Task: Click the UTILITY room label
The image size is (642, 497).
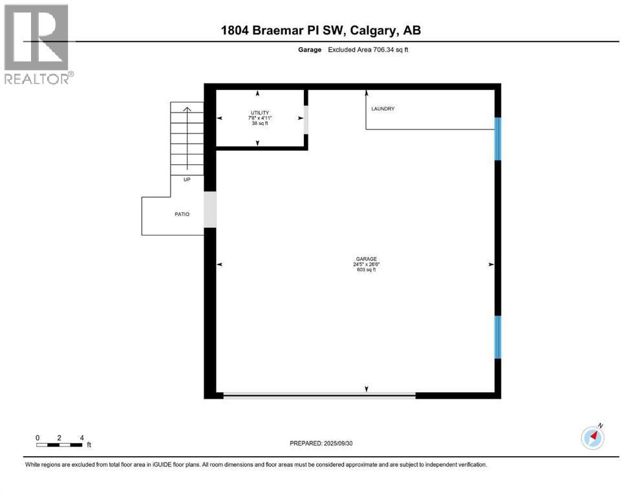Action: click(259, 113)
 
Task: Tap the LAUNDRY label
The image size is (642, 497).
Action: click(383, 109)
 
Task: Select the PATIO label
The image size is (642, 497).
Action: click(181, 214)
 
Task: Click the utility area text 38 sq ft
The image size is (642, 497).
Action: click(259, 123)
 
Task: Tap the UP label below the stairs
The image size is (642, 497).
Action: click(187, 179)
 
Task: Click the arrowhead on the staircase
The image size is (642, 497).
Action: click(187, 109)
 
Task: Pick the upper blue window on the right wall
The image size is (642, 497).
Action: click(498, 138)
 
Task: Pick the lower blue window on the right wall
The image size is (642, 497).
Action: click(498, 337)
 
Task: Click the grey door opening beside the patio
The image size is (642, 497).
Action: click(210, 210)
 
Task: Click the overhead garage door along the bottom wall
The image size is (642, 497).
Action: click(319, 394)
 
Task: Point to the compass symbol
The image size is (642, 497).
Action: click(592, 437)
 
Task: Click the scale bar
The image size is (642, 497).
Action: click(59, 445)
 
